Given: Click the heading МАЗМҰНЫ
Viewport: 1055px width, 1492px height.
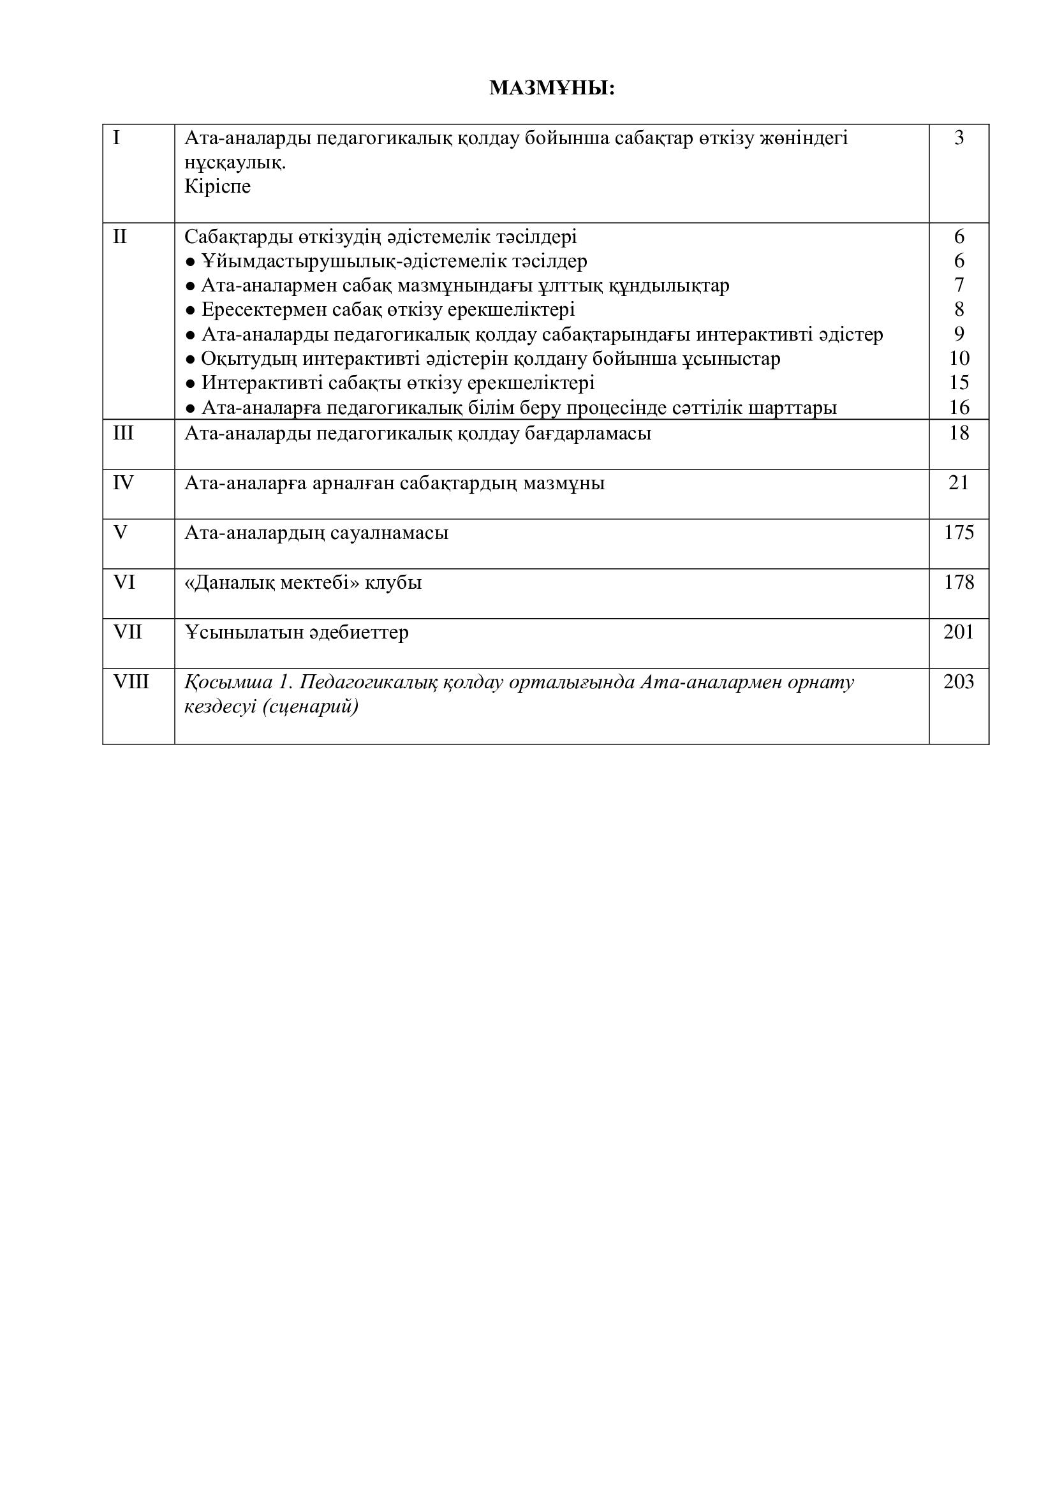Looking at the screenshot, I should click(x=552, y=88).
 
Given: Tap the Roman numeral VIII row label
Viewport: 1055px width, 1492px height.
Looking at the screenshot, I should click(x=131, y=682).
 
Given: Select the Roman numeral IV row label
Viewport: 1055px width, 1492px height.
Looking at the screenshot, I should click(x=124, y=483).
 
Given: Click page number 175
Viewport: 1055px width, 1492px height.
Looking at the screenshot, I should click(x=959, y=533).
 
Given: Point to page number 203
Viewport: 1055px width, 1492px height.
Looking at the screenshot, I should click(x=959, y=682).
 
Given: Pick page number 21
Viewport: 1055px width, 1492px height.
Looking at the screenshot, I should click(x=959, y=483).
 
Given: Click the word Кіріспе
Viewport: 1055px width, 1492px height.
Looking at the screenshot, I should click(x=218, y=187).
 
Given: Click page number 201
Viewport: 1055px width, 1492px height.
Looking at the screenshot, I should click(x=959, y=632).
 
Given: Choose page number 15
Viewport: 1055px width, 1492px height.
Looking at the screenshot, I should click(x=959, y=383).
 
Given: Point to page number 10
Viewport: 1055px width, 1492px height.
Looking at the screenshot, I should click(x=959, y=358).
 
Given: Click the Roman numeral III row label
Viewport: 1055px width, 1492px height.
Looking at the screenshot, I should click(x=124, y=432).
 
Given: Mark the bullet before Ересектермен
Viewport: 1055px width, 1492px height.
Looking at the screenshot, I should click(x=190, y=310).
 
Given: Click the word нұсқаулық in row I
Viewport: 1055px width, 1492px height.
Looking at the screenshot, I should click(x=235, y=163).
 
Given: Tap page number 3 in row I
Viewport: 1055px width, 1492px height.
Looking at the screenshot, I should click(x=959, y=138).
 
